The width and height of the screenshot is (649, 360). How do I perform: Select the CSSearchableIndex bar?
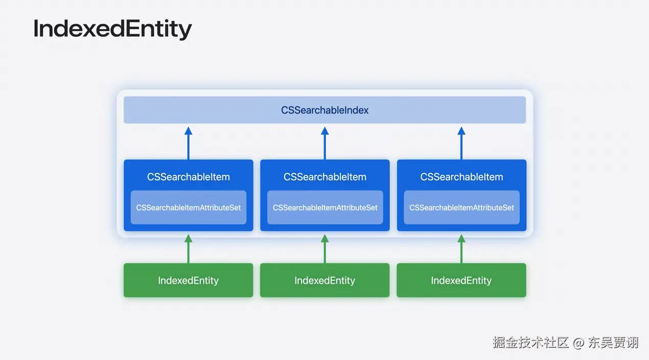click(x=324, y=110)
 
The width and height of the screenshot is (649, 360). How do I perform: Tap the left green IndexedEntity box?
click(x=188, y=280)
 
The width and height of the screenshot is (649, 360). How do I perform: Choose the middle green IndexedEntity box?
click(x=324, y=280)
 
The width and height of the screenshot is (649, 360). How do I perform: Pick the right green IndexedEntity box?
click(x=461, y=280)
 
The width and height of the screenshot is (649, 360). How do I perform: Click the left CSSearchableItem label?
click(x=188, y=177)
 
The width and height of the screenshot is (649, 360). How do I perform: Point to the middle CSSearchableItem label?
click(x=324, y=177)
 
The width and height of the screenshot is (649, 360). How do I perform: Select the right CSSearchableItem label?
click(x=461, y=177)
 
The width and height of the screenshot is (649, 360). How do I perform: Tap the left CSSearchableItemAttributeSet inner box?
click(x=188, y=208)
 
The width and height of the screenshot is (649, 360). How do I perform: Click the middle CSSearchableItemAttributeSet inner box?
click(x=324, y=208)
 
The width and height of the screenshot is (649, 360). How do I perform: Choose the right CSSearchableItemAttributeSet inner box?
click(x=461, y=208)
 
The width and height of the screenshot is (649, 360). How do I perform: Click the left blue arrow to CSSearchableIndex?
click(x=188, y=143)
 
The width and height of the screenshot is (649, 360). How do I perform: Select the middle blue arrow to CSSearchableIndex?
click(x=324, y=143)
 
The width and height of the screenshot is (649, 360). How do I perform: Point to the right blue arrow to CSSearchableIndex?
click(x=461, y=143)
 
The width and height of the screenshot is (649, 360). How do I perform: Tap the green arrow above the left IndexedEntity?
click(x=188, y=249)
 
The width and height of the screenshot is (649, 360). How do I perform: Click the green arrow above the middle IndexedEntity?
click(x=324, y=249)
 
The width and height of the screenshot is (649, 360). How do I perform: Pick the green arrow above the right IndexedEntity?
click(x=461, y=249)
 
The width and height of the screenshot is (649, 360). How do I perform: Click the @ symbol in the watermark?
click(x=578, y=343)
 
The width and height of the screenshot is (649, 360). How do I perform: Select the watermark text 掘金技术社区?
click(x=530, y=343)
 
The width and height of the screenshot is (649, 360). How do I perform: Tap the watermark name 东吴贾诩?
click(x=613, y=343)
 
